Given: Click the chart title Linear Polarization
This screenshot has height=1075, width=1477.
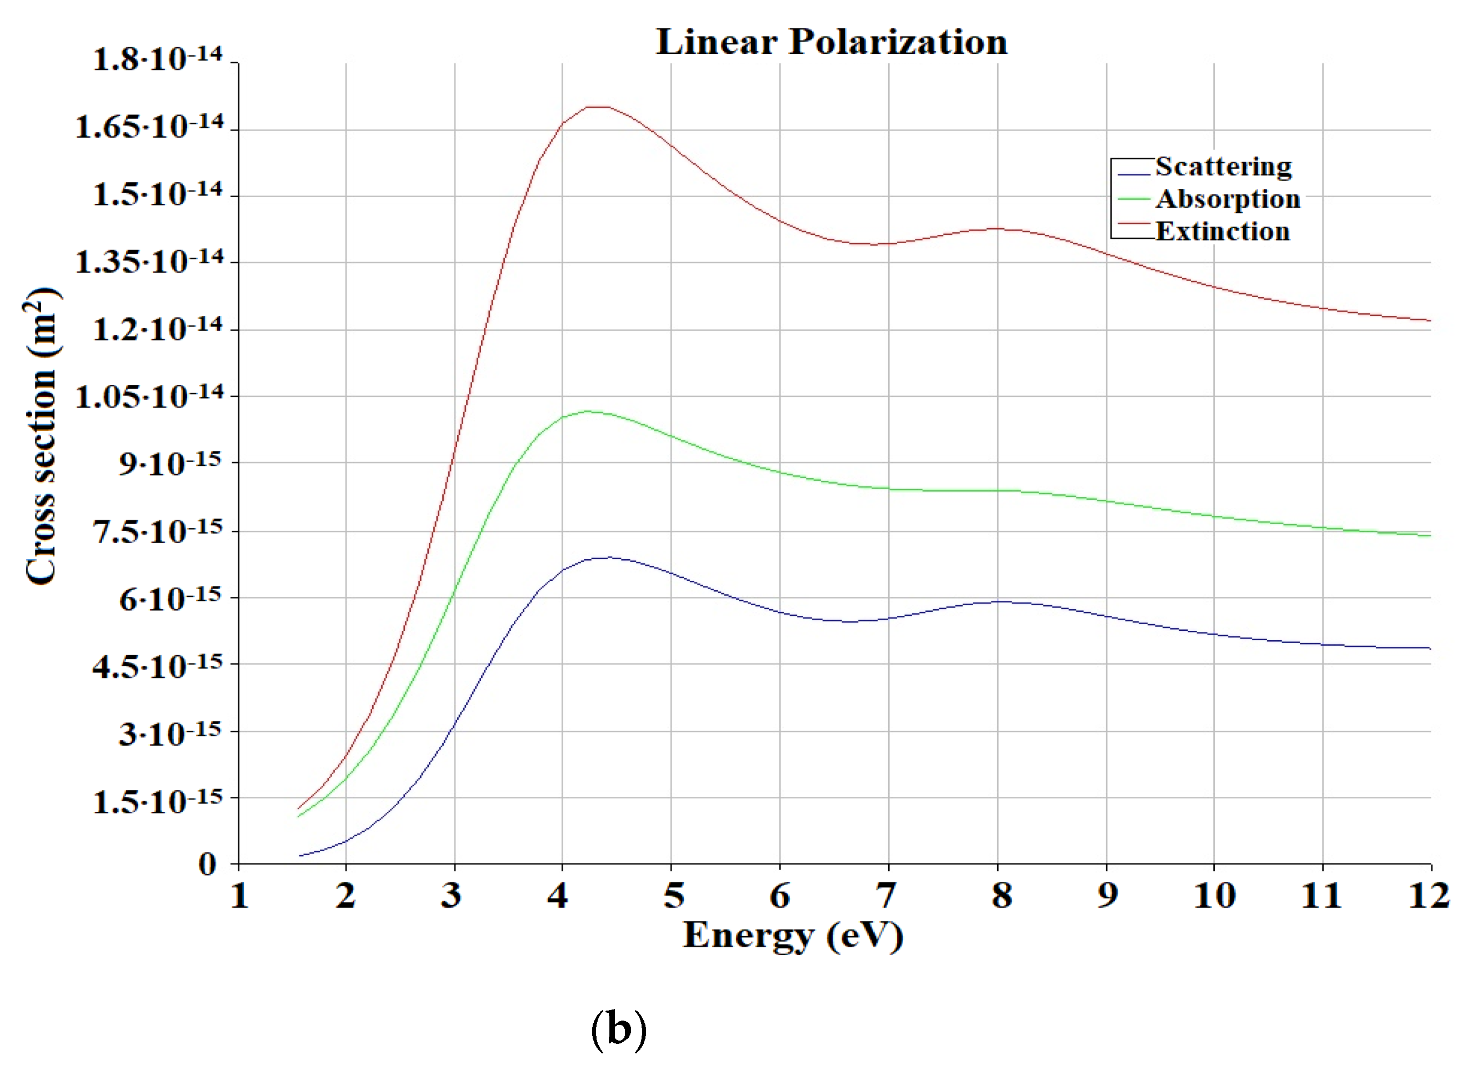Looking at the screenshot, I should pos(832,42).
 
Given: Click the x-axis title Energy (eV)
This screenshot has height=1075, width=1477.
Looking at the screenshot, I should pos(793,936).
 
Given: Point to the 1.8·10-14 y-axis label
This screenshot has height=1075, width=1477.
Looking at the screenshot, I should pos(158,59).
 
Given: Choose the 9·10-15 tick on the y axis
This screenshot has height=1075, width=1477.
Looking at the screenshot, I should pos(170,464).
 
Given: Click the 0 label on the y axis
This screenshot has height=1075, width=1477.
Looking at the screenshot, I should pos(207,865).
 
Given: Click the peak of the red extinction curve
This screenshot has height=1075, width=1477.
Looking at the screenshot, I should pos(598,107).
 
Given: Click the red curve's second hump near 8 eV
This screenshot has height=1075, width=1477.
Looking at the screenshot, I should pos(997,229).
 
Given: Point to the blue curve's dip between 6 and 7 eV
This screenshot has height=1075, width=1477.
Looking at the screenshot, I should pos(850,622).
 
